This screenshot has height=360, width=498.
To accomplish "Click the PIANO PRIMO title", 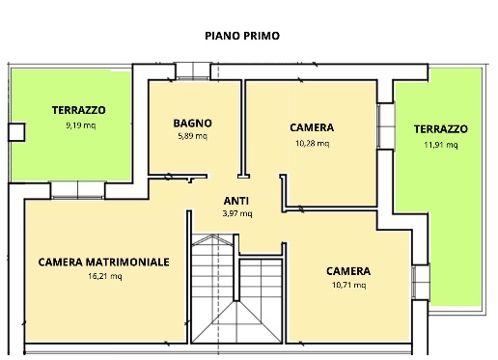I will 242,35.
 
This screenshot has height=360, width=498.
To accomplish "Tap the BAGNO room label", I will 193,124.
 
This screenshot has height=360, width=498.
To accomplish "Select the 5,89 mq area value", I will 193,136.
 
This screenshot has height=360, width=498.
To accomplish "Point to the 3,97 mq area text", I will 236,214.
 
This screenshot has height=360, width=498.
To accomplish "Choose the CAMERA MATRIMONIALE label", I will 104,262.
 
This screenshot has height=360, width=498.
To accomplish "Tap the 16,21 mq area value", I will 104,276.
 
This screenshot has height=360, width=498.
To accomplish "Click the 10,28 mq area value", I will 312,143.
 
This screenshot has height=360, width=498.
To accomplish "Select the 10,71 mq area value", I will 347,285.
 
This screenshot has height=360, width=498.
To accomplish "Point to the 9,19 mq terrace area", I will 79,125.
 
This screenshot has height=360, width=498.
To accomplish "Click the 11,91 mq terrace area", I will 441,145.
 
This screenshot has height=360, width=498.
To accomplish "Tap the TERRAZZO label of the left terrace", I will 79,110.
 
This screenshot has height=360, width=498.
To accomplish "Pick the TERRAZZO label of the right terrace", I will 441,128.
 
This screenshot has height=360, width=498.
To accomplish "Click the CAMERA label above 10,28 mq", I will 312,127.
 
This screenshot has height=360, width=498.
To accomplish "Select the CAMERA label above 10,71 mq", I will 347,271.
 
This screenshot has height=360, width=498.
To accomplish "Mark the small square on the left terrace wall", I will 15,132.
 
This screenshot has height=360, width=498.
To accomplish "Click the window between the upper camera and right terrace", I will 386,121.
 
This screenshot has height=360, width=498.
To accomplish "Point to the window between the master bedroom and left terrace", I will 71,188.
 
